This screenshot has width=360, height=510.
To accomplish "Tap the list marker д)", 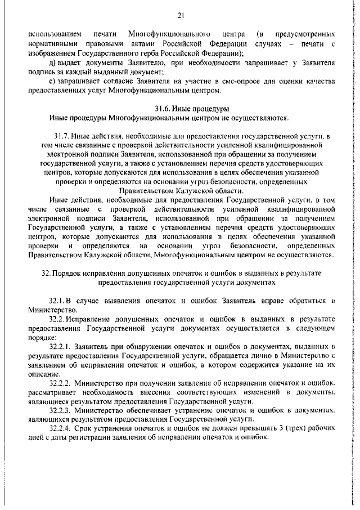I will pos(53,64).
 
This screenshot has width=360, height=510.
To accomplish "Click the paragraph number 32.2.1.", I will pos(61,347).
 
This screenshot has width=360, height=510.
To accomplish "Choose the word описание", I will pos(43,374).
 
